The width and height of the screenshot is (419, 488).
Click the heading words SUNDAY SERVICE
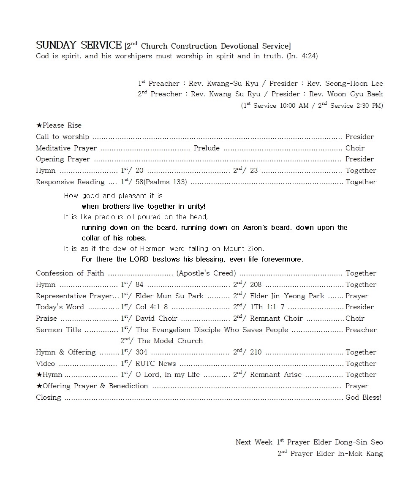(x=79, y=45)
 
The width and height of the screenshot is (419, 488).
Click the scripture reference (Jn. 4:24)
(x=302, y=56)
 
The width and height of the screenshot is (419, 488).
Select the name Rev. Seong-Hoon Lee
(x=345, y=83)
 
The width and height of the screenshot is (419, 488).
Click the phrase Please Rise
(x=62, y=125)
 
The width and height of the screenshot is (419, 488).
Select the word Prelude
(x=207, y=148)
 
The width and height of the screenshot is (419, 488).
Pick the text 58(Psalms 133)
(x=161, y=182)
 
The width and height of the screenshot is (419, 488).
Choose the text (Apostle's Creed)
(x=206, y=273)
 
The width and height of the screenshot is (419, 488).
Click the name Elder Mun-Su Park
(x=169, y=296)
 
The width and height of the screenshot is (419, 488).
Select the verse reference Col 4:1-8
(x=152, y=307)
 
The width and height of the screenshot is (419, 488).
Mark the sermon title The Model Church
(x=170, y=341)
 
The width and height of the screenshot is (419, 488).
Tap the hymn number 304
(x=141, y=352)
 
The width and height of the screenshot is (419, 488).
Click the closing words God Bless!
(x=363, y=398)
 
